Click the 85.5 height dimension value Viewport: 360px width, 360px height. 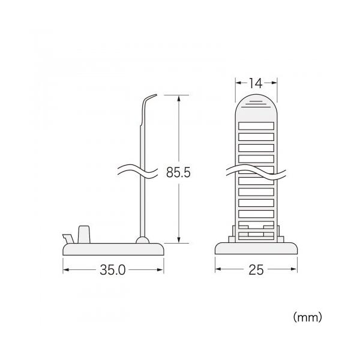178,172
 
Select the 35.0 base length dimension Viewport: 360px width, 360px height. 113,270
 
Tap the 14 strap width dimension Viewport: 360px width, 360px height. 256,83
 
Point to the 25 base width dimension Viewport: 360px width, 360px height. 256,270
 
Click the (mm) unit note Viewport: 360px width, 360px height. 308,317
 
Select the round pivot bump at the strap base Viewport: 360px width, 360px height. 143,240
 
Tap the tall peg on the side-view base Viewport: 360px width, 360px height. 84,235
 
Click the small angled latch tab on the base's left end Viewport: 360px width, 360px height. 68,239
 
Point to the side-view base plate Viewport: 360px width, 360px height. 113,249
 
